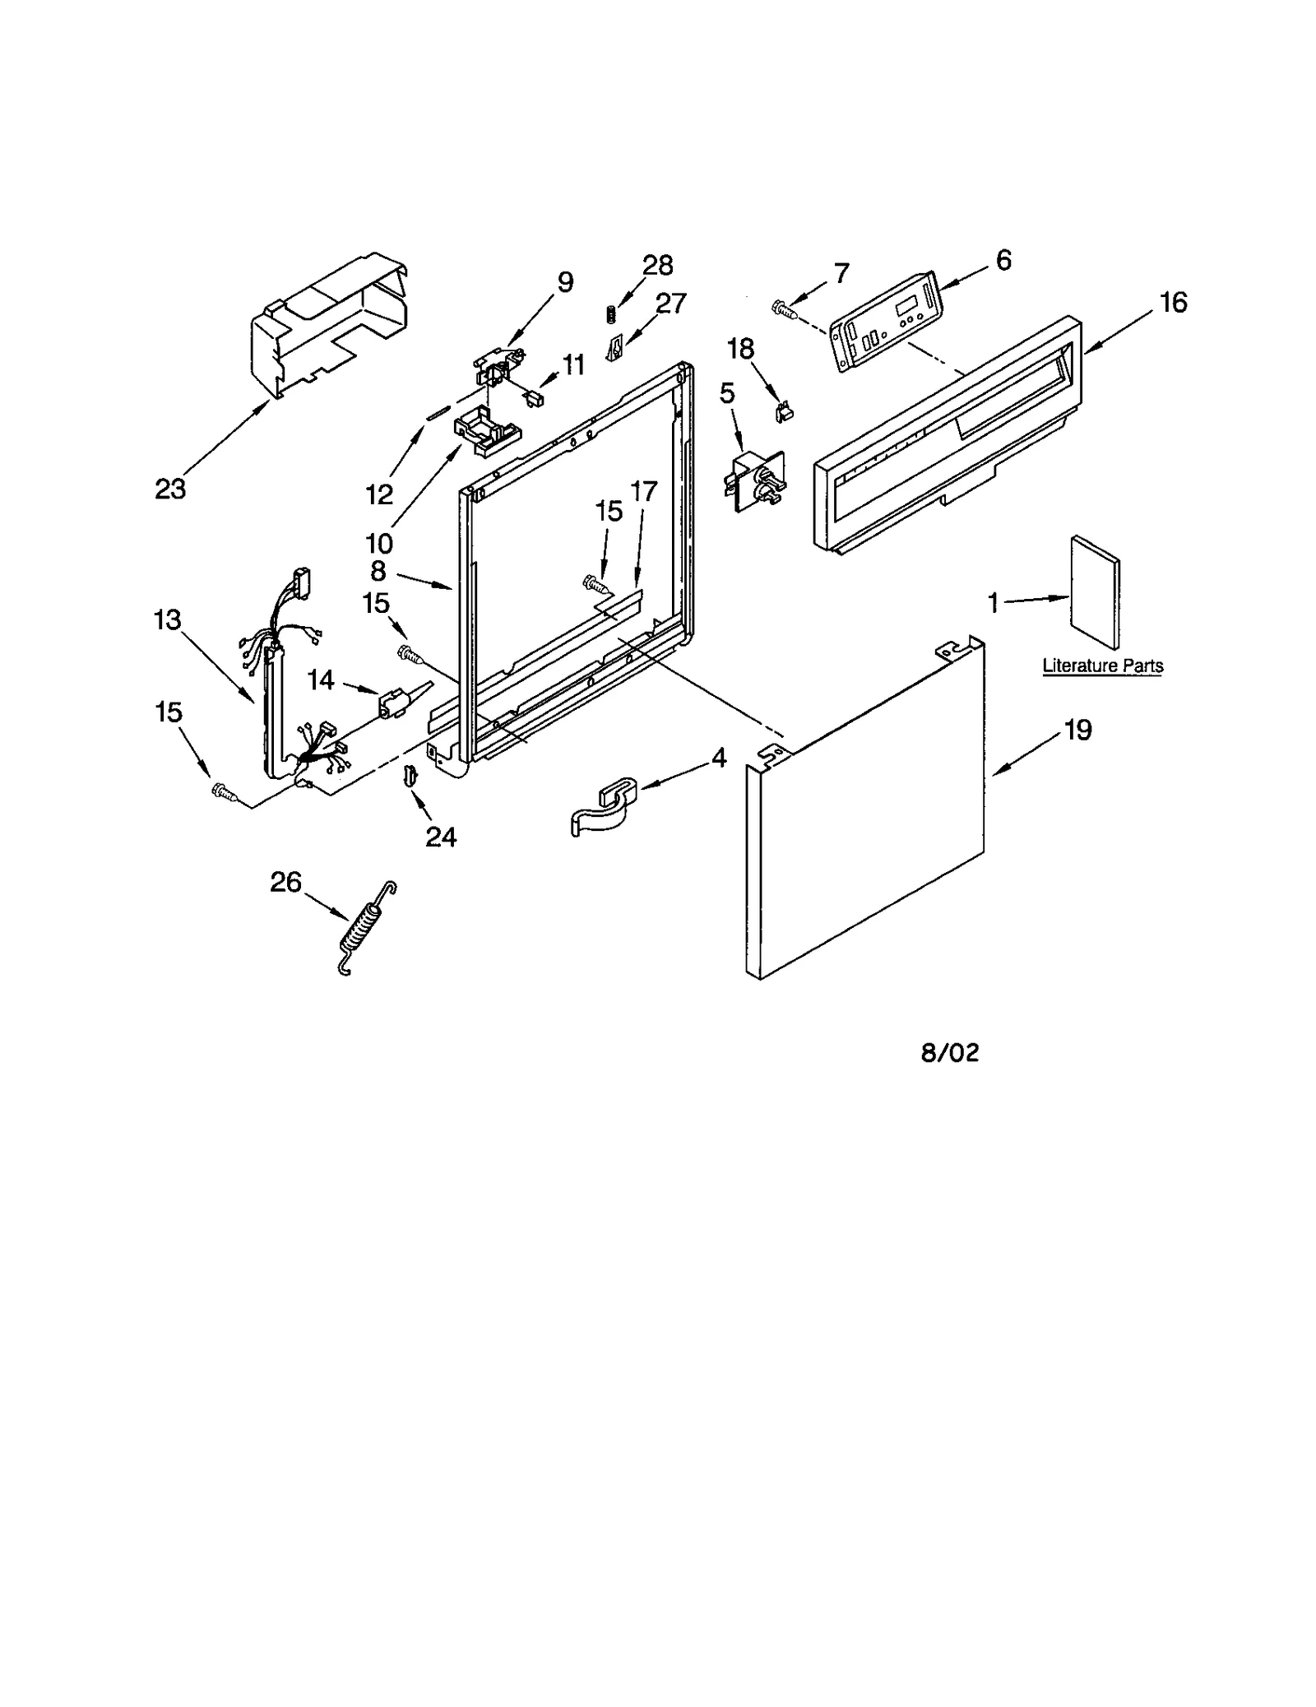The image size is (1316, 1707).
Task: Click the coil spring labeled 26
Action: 367,929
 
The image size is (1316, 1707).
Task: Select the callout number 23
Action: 170,489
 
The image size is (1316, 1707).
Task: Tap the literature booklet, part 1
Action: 1095,591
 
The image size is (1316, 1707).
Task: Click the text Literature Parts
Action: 1102,666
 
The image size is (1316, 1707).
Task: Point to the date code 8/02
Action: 950,1053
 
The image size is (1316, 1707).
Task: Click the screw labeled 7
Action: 784,309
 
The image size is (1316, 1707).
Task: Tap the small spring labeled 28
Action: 611,314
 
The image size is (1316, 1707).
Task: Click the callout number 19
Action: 1078,730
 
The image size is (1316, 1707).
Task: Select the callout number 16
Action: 1174,303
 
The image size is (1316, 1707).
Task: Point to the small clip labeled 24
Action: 408,775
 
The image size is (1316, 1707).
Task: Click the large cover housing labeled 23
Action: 329,325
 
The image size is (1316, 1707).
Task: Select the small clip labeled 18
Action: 783,410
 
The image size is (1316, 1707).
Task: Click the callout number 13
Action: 167,619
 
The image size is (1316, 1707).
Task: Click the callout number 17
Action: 643,492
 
